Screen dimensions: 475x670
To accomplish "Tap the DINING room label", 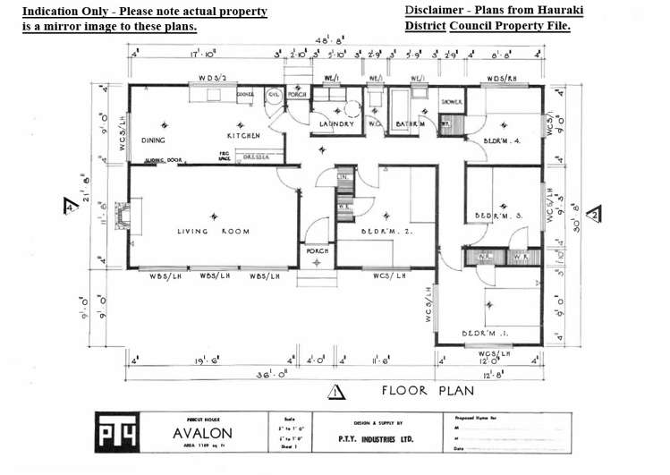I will [x=153, y=140].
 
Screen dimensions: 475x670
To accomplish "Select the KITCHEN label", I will [x=242, y=136].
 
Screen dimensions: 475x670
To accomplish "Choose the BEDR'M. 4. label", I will [x=503, y=140].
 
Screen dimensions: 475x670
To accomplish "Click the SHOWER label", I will [x=452, y=103].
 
